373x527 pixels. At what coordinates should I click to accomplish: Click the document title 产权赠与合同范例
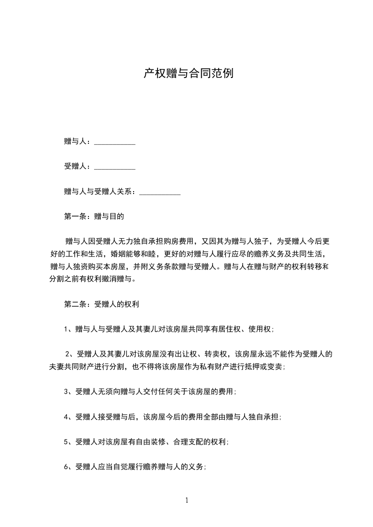[x=188, y=74]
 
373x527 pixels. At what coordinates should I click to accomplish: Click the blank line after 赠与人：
[x=115, y=142]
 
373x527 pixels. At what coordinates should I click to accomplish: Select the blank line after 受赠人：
[x=115, y=167]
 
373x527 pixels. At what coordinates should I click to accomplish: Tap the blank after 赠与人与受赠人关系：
[x=160, y=192]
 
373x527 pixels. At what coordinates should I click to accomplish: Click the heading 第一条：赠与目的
[x=94, y=217]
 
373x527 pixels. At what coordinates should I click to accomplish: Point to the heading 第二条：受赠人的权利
[x=101, y=304]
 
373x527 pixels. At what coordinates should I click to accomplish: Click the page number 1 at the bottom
[x=187, y=500]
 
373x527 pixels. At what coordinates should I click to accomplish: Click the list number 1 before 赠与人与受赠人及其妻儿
[x=66, y=329]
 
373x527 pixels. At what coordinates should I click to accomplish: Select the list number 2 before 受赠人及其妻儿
[x=67, y=354]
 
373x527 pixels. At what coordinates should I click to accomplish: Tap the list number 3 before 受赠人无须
[x=66, y=391]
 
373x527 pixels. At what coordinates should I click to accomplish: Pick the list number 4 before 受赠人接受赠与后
[x=66, y=417]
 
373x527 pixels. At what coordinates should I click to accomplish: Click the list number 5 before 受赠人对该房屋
[x=66, y=442]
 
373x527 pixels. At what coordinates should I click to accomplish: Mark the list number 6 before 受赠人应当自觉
[x=66, y=467]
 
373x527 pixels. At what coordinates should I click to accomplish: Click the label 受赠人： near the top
[x=79, y=167]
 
